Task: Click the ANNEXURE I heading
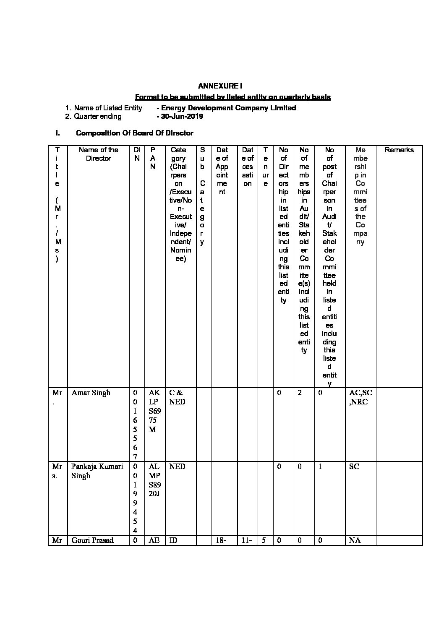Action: click(220, 86)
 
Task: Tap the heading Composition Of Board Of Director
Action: click(134, 133)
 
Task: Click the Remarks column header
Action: click(399, 150)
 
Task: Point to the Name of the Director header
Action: click(98, 154)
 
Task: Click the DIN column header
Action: click(136, 154)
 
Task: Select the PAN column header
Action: click(153, 158)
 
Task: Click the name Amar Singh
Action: click(91, 393)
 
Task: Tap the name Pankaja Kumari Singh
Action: click(97, 471)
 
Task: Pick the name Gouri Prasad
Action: click(92, 540)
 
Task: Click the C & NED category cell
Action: click(177, 397)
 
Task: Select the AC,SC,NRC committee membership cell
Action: click(360, 397)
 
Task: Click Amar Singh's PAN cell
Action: click(154, 411)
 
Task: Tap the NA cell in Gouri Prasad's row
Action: click(355, 540)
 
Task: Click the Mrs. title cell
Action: click(57, 471)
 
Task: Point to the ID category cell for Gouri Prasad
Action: click(173, 540)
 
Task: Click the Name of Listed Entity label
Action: click(108, 108)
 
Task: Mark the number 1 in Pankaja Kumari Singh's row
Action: click(320, 466)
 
